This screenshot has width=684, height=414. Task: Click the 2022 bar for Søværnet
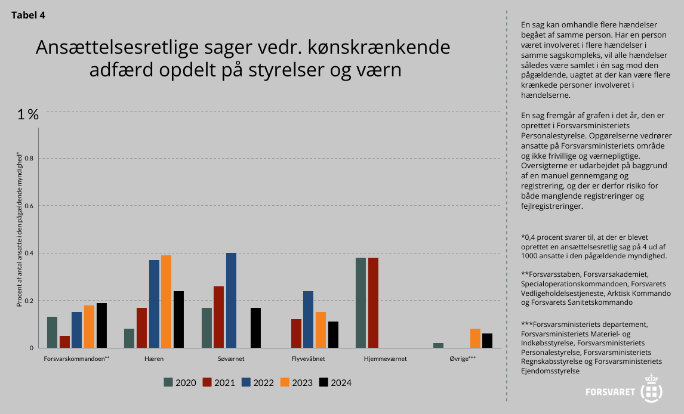(x=231, y=300)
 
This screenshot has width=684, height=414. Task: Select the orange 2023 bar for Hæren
(x=166, y=301)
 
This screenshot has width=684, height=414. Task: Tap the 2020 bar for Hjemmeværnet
(x=361, y=302)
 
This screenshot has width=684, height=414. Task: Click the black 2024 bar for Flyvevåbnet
(x=333, y=335)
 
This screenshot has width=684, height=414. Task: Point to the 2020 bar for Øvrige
(x=438, y=345)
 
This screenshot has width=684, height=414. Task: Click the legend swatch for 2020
(x=168, y=382)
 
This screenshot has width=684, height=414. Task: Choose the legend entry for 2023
(x=297, y=382)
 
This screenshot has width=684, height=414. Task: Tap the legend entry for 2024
(x=335, y=382)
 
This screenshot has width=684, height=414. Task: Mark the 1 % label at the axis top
(x=28, y=115)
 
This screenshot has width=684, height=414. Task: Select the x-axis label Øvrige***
(x=463, y=359)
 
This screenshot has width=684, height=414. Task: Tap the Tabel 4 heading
(x=28, y=16)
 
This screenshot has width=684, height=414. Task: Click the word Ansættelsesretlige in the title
(x=115, y=48)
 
